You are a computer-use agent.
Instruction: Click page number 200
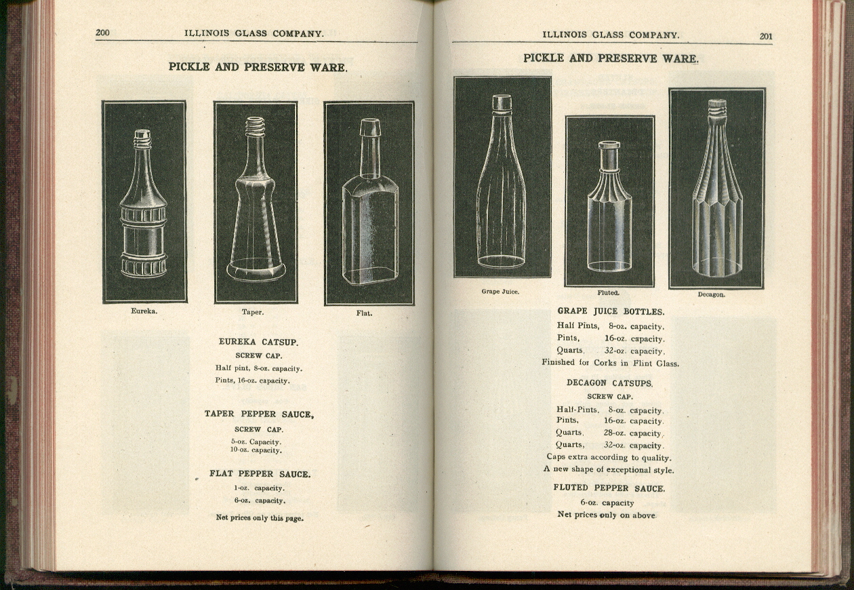click(x=103, y=33)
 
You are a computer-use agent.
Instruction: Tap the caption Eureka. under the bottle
click(x=144, y=311)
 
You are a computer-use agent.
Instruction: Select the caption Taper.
click(x=253, y=313)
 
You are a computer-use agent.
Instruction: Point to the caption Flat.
click(x=364, y=313)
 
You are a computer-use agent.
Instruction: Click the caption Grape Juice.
click(x=500, y=292)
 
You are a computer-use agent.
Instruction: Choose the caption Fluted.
click(x=608, y=293)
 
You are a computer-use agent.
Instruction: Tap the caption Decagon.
click(x=711, y=294)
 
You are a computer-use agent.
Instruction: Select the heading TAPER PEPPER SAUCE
click(x=259, y=414)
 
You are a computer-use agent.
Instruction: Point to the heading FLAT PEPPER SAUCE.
click(x=260, y=474)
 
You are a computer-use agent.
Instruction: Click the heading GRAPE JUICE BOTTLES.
click(x=611, y=311)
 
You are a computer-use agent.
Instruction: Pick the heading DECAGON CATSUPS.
click(x=609, y=383)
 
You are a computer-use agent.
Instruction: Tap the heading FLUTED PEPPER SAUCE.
click(x=609, y=488)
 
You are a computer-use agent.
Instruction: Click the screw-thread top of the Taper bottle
click(x=255, y=126)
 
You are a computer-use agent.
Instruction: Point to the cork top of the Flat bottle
click(x=370, y=127)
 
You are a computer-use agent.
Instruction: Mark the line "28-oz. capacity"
click(x=633, y=433)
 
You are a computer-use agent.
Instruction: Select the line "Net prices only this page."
click(x=260, y=518)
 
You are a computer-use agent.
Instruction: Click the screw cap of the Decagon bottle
click(x=717, y=106)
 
